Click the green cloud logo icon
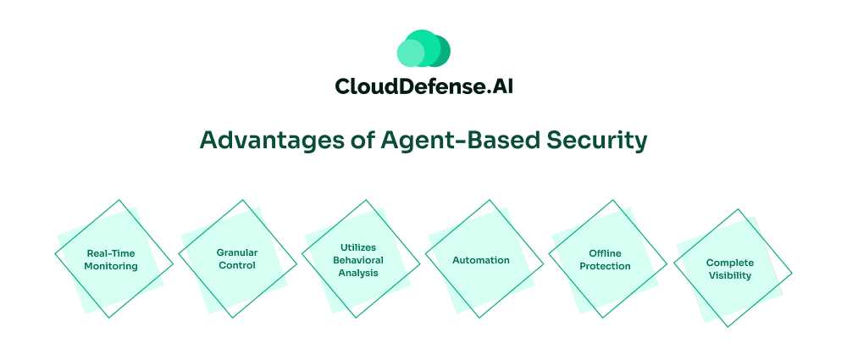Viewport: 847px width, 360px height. coord(423,49)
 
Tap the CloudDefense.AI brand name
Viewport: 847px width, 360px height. coord(423,86)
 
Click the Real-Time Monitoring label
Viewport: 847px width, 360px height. coord(110,259)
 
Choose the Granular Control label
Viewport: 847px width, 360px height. coord(237,259)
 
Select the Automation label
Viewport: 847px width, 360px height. coord(481,260)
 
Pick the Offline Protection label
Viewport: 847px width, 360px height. coord(605,259)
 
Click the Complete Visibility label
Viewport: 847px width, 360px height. coord(729,269)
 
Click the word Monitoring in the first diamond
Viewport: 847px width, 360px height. coord(110,266)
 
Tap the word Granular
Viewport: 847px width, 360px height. coord(237,252)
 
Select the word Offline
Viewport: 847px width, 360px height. coord(605,253)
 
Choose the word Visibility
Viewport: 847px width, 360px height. coord(729,276)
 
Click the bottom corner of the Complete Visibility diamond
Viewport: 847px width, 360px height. coord(725,327)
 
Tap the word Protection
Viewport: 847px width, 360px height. coord(605,266)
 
